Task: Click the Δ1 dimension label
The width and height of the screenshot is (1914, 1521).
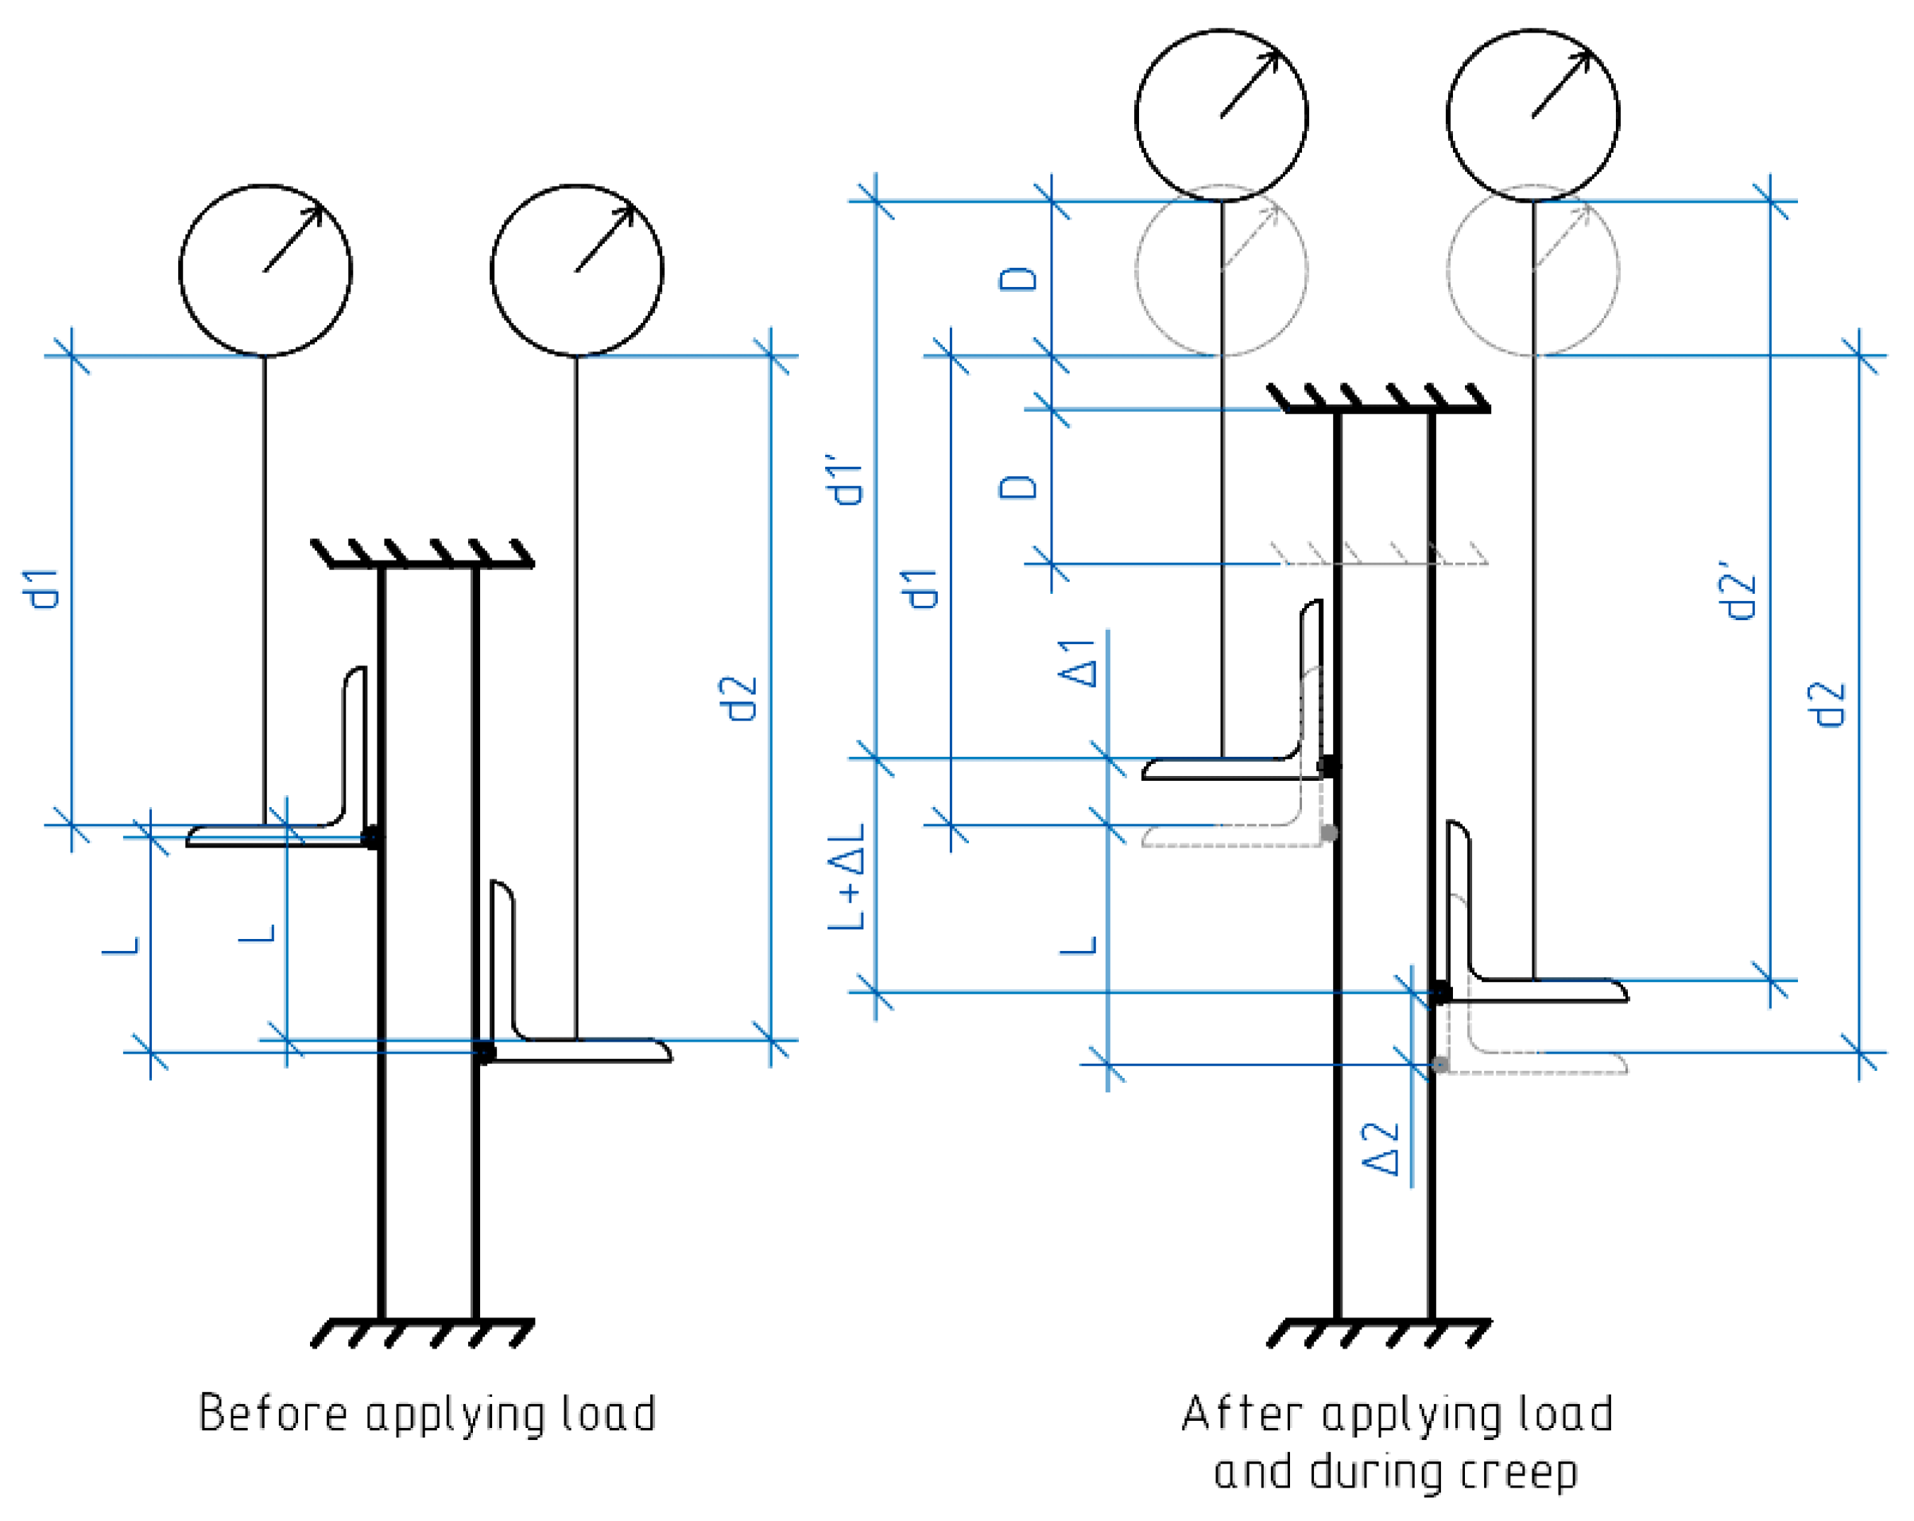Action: click(1077, 662)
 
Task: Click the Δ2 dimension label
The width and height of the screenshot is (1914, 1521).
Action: click(1381, 1149)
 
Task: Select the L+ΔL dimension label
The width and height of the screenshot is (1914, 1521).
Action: click(846, 876)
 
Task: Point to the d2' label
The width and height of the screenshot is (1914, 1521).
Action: click(1738, 590)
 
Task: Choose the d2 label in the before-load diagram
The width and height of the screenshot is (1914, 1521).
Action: click(738, 698)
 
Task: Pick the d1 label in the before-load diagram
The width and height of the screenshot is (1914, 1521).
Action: click(40, 588)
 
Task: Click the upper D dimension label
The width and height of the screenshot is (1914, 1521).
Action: click(1017, 279)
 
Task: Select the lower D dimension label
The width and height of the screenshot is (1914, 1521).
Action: click(1017, 487)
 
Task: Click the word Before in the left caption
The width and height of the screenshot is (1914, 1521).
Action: click(273, 1414)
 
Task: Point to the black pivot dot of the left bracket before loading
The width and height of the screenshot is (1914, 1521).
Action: click(373, 837)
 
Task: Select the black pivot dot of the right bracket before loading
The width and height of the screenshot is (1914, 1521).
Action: click(485, 1053)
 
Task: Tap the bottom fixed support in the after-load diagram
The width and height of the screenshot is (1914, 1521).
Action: click(1380, 1333)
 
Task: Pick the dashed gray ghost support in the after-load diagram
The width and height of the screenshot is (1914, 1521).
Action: click(1380, 553)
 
